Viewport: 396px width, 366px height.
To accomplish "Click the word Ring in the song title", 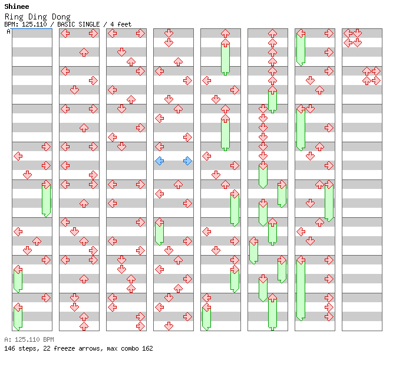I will (13, 17).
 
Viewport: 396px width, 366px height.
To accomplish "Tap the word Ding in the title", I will (36, 17).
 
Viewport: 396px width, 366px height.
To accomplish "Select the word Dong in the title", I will (60, 17).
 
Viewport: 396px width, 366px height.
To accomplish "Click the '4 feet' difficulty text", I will (121, 24).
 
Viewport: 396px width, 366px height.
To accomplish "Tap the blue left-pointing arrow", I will (159, 161).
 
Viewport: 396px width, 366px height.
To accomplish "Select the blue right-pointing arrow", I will (187, 161).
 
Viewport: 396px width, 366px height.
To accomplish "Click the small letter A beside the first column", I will (8, 32).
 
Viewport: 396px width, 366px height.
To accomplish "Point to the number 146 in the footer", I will (9, 348).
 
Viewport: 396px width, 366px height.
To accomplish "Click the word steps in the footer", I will (28, 348).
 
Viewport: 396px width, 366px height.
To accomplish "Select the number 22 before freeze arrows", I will (45, 348).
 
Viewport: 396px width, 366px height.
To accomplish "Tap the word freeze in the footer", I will (63, 348).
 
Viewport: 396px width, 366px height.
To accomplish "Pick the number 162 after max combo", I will (147, 348).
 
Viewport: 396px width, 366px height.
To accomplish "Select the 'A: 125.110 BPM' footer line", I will (29, 339).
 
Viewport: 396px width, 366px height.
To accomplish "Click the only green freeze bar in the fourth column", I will (159, 232).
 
